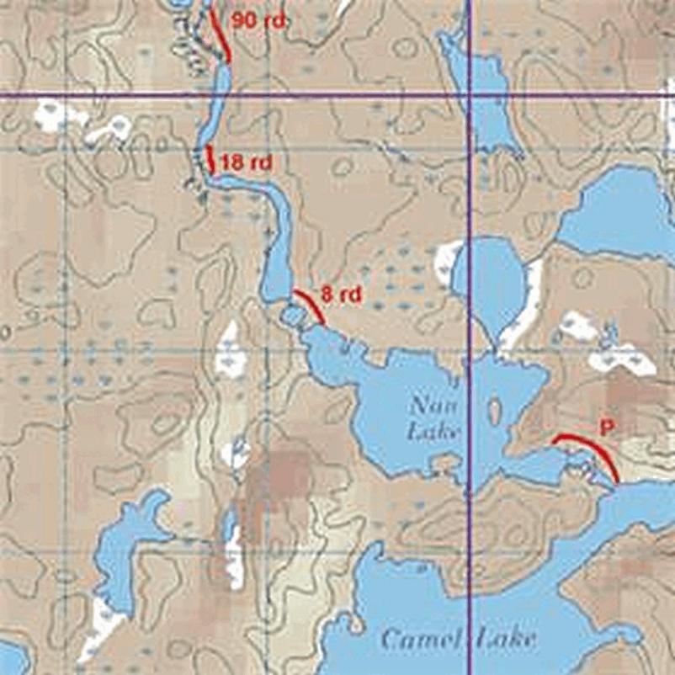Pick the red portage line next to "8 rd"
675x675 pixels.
tap(310, 305)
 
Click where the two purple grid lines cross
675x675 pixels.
tap(469, 97)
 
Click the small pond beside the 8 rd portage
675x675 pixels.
tap(294, 317)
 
